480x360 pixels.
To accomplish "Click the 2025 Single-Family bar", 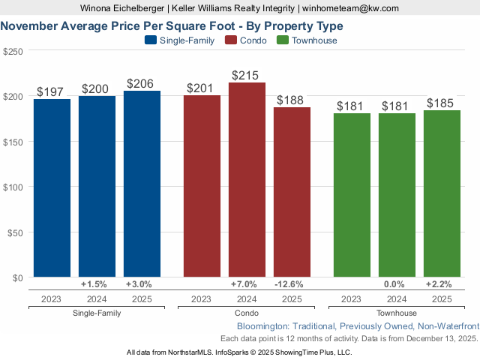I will (x=142, y=184).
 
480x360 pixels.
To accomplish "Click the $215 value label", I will (x=247, y=76).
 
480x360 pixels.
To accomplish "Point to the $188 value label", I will (x=292, y=100).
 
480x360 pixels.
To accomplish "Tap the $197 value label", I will (x=52, y=92).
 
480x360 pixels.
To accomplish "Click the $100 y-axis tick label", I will (x=13, y=187).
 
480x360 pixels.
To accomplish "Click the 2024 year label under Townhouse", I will (x=397, y=299).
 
